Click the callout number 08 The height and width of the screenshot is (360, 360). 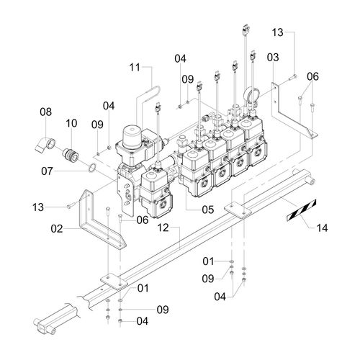45,112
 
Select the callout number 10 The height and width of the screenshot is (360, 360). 71,123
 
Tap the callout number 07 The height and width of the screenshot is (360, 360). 47,171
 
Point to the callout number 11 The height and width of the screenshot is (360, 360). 135,68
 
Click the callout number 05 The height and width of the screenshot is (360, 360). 208,210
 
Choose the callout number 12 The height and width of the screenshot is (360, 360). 163,228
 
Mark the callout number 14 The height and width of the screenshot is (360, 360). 322,228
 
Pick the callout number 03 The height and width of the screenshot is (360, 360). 273,58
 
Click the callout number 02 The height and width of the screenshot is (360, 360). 57,229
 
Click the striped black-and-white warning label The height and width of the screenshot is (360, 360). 302,210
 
